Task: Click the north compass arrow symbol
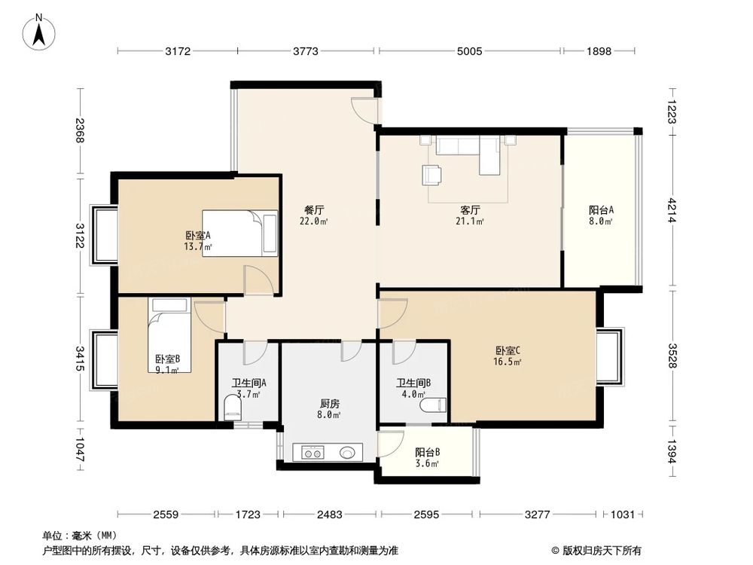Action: (x=40, y=31)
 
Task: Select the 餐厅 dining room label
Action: (x=314, y=210)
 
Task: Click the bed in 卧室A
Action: (x=239, y=233)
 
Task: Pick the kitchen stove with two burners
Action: (x=312, y=453)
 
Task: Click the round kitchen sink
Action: (x=347, y=453)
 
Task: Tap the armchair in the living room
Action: (x=432, y=175)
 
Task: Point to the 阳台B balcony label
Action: (x=427, y=453)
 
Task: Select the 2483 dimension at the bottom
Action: (x=328, y=515)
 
